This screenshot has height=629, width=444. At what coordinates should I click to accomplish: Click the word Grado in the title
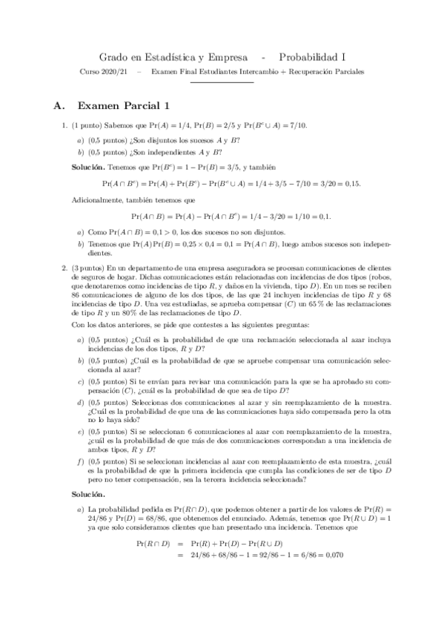(113, 56)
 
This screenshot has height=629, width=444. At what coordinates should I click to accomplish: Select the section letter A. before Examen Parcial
(61, 106)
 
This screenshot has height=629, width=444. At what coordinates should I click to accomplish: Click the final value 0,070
(334, 554)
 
